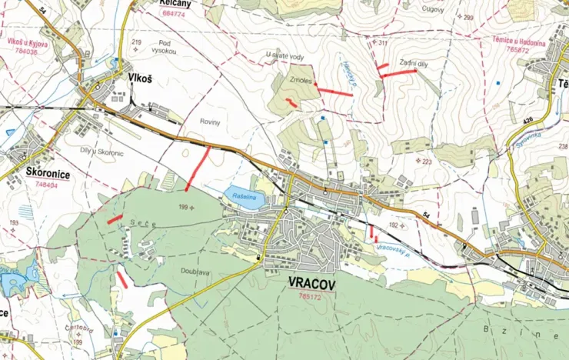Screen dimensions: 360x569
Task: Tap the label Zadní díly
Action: [413, 63]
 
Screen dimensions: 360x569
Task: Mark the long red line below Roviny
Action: [198, 169]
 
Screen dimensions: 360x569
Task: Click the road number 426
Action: [528, 119]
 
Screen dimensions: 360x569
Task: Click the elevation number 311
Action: [383, 43]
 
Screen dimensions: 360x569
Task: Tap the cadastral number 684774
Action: [174, 14]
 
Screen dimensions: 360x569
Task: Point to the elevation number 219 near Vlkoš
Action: [137, 42]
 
